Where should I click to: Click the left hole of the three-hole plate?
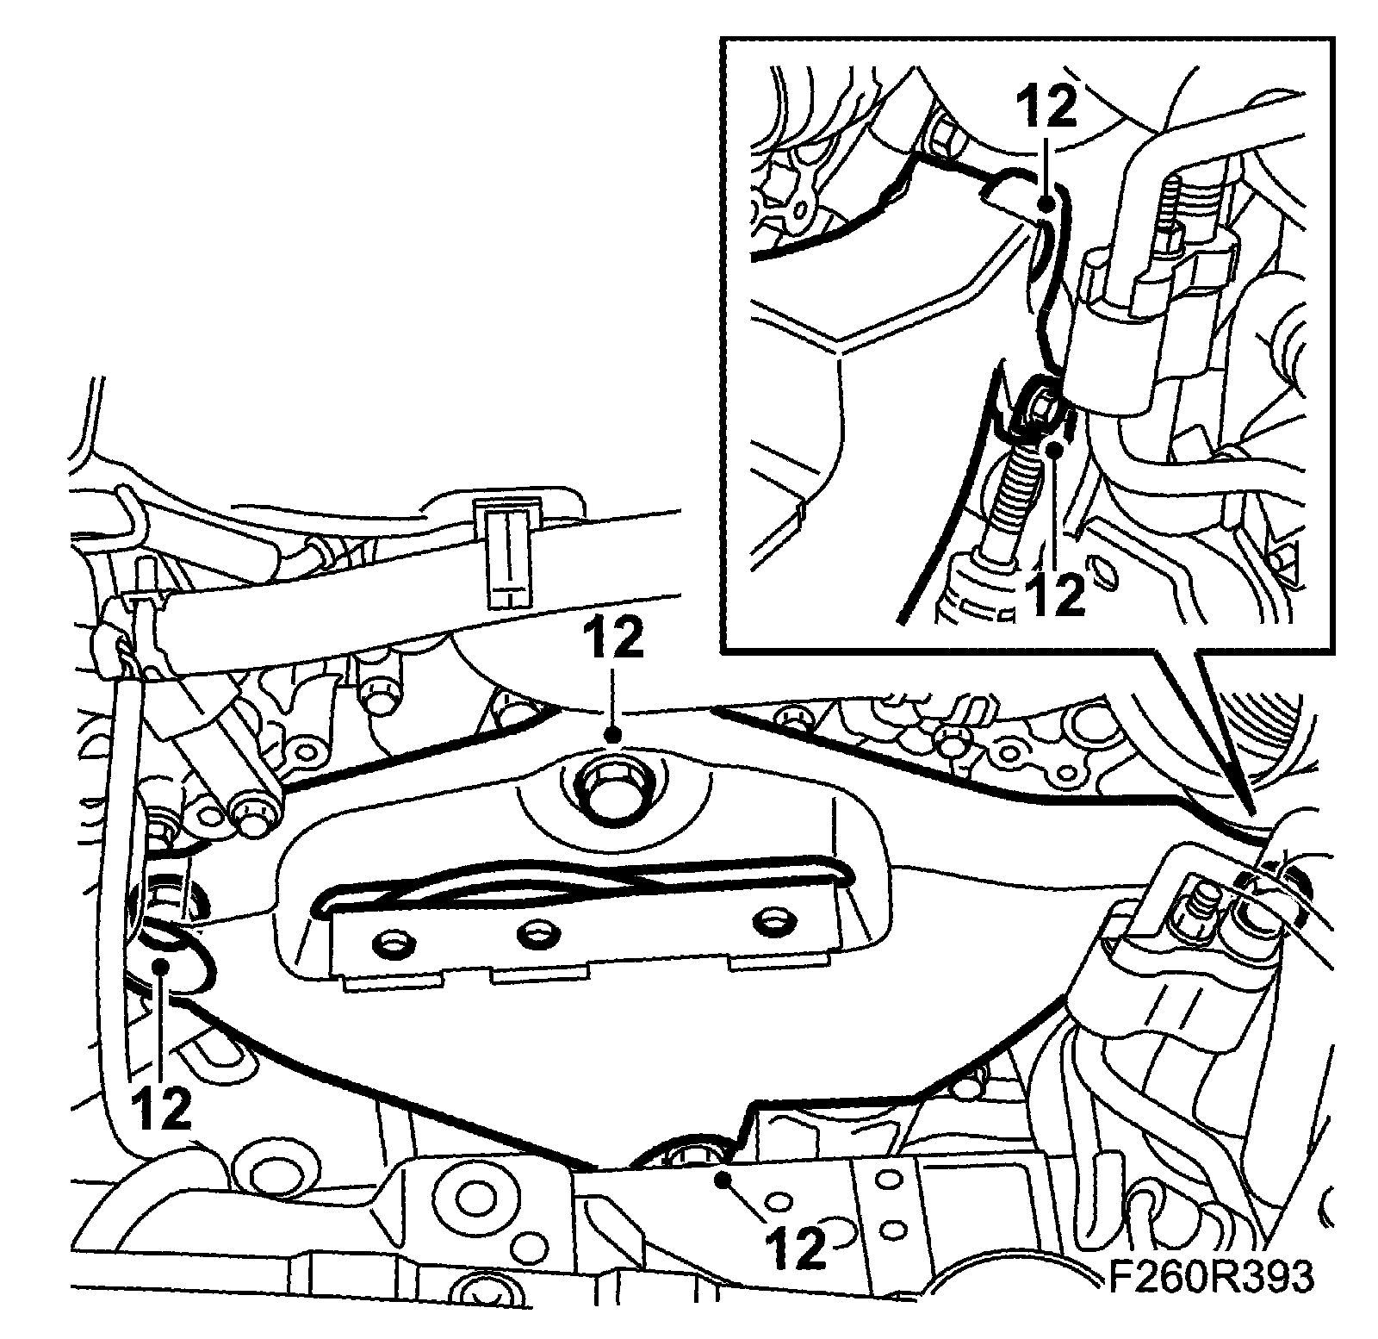tap(392, 943)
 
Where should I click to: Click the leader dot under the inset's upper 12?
tap(1046, 204)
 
